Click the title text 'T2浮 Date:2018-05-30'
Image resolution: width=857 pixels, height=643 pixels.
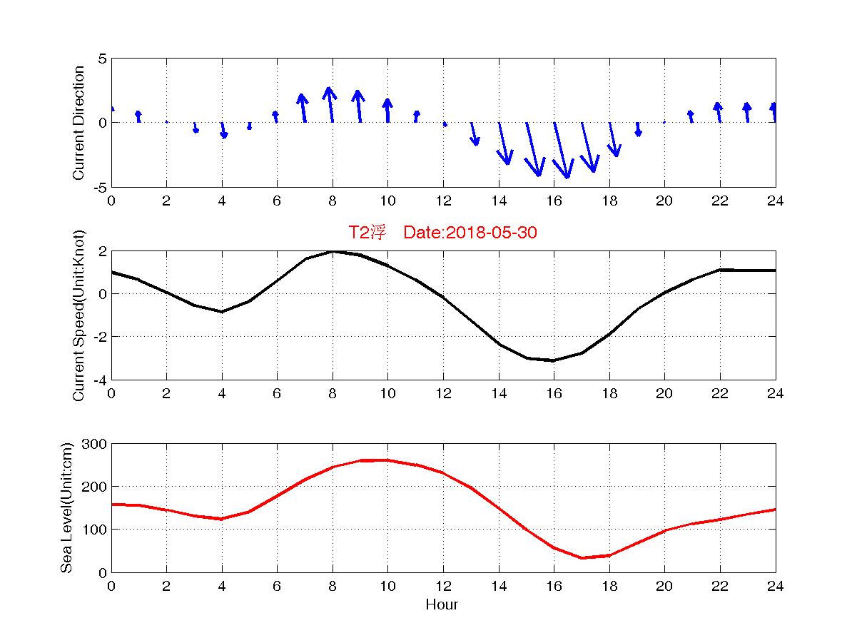442,233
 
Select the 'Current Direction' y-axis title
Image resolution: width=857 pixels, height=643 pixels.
79,123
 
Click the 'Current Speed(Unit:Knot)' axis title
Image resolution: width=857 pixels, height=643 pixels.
79,315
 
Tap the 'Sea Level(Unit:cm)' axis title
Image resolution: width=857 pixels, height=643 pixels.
66,507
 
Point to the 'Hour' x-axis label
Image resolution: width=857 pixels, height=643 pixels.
442,605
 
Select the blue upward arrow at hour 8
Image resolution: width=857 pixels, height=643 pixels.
330,104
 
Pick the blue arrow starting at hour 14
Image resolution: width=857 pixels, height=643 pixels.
504,143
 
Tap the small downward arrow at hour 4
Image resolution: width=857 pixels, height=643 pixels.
223,129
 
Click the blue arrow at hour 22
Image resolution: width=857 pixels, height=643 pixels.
719,112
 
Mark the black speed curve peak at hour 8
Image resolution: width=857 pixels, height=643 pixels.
333,251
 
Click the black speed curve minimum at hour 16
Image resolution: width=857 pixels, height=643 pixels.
553,360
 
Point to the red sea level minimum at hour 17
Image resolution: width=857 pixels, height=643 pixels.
582,558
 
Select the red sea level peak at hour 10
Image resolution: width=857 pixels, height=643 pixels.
387,460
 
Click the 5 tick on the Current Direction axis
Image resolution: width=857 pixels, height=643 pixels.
102,59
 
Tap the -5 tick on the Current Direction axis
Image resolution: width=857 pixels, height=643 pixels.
100,187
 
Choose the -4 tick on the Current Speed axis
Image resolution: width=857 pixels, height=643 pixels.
100,380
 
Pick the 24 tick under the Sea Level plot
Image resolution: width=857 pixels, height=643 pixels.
776,586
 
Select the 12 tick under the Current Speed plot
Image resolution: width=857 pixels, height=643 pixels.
442,393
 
